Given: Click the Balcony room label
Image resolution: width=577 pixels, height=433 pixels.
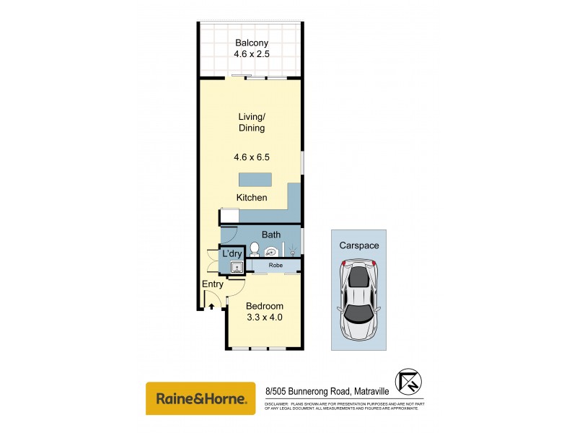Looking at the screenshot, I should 250,43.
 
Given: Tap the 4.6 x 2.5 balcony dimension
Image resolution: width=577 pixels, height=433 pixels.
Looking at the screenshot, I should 250,54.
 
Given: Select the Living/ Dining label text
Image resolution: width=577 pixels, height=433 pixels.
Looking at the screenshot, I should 251,122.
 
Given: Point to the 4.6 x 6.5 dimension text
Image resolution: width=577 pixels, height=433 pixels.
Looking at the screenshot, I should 251,156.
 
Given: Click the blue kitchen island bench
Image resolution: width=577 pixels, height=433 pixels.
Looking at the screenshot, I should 255,180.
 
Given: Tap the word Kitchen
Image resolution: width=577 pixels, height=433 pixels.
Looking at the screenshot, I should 252,198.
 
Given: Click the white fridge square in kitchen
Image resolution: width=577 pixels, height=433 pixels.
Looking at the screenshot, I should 229,215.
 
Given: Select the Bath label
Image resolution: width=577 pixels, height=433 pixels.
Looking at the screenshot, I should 271,235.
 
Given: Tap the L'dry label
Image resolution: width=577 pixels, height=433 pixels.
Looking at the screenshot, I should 232,254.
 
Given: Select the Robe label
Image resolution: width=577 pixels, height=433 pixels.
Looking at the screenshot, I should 275,266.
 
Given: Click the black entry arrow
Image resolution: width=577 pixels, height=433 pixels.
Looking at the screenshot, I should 211,306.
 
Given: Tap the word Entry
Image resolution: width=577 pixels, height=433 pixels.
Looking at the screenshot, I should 213,284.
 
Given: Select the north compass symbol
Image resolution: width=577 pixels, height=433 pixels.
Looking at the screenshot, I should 410,380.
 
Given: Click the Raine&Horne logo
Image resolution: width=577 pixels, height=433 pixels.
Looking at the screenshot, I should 201,398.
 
